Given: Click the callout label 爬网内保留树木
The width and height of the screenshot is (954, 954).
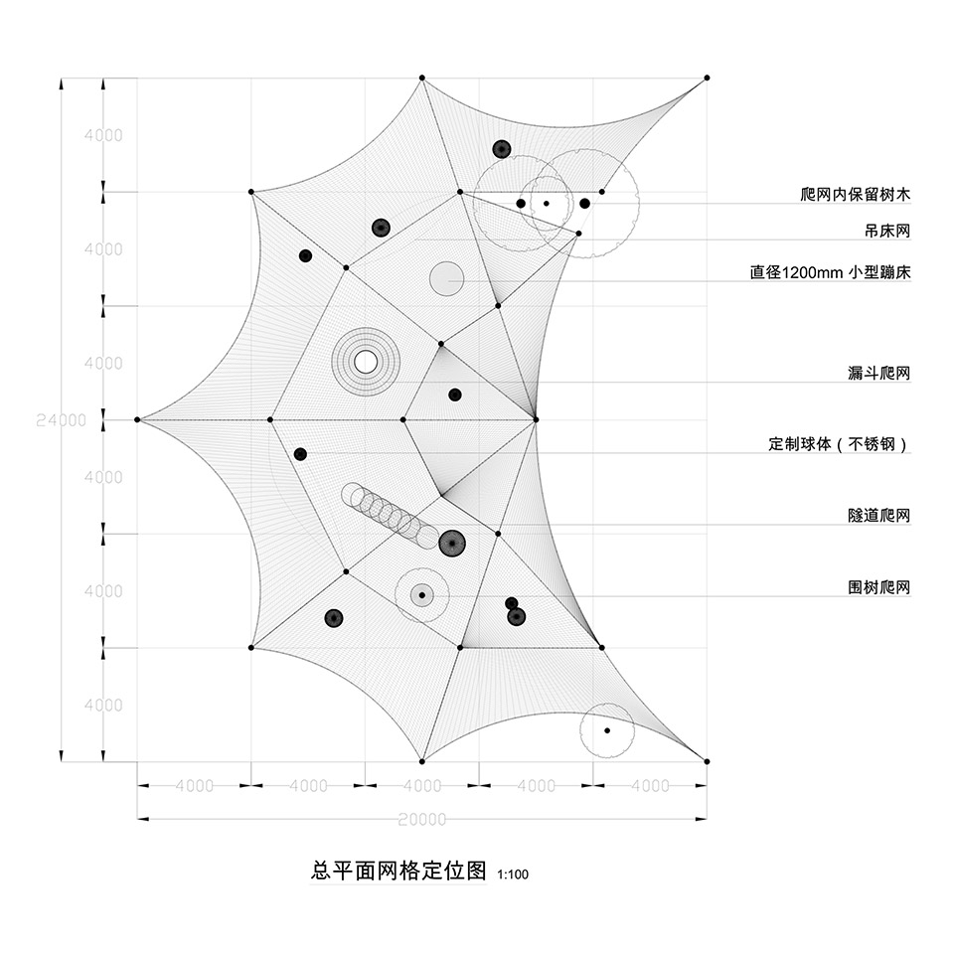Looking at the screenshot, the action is (x=855, y=194).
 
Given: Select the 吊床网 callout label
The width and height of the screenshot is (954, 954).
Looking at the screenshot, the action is (x=887, y=231).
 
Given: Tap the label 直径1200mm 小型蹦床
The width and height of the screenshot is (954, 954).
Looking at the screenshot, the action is (x=830, y=272).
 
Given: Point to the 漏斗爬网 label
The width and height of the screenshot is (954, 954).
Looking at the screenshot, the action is (x=879, y=373).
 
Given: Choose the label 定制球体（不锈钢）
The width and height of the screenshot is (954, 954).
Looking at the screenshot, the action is (x=839, y=444).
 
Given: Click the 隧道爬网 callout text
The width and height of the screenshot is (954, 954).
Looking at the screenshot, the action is (x=879, y=516).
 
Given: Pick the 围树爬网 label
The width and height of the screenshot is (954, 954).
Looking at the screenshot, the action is (x=879, y=587).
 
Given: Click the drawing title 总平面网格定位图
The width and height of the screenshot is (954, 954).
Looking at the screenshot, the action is (x=398, y=871).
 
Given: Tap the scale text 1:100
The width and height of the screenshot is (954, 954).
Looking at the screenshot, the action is (x=513, y=874).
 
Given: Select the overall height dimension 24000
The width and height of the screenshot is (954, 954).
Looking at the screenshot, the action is (x=61, y=419).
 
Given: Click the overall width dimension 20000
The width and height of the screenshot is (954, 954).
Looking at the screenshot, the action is (x=422, y=819).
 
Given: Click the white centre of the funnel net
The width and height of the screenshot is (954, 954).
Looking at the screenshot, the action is (x=365, y=362).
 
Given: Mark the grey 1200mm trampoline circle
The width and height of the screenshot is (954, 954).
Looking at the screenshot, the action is (x=446, y=279).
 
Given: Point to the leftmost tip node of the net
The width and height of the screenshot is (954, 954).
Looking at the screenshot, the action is (x=137, y=419).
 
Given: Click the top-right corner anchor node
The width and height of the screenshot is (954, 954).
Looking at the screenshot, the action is (x=707, y=78).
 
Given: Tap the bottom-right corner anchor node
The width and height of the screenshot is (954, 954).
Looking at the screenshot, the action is (x=707, y=761).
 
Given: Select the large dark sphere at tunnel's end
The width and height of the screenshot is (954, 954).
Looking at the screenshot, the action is (x=452, y=543).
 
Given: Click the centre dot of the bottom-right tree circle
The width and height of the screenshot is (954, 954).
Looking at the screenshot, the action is (x=607, y=730).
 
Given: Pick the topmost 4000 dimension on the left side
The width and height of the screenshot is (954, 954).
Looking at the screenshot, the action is (x=103, y=135).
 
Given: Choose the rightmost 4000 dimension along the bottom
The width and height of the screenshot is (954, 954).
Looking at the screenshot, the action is (x=650, y=785).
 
